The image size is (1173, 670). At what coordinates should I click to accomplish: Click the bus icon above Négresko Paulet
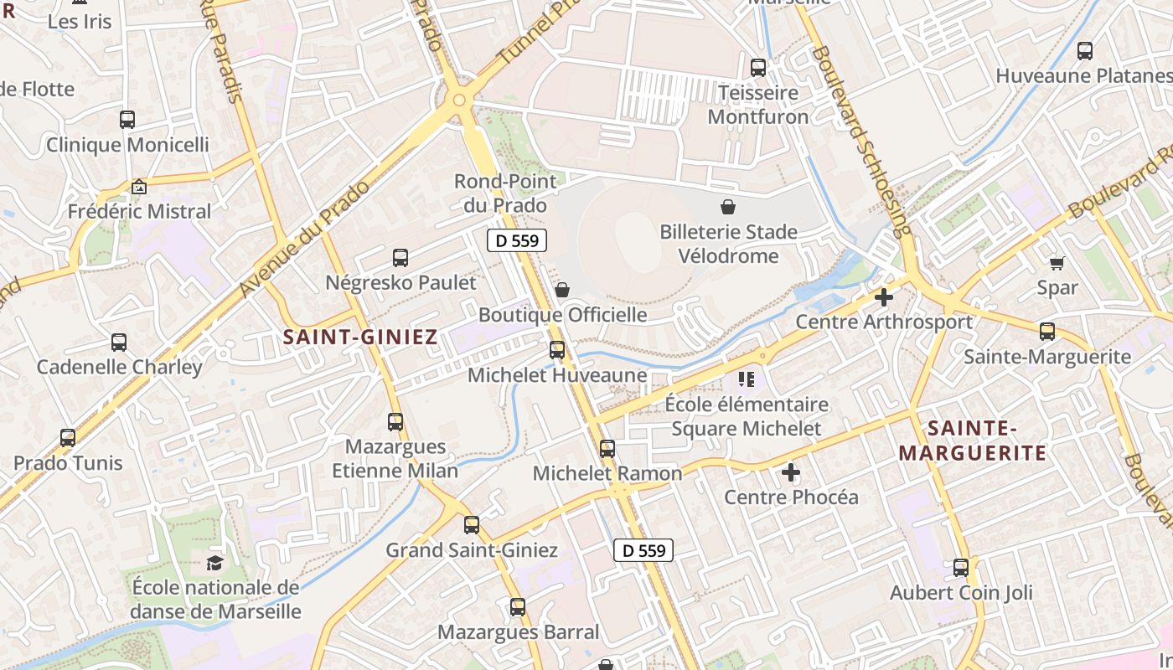400,258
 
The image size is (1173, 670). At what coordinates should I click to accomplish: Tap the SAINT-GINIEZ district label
360,338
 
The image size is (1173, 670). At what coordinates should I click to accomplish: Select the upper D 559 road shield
517,241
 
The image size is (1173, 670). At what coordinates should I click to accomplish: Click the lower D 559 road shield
643,550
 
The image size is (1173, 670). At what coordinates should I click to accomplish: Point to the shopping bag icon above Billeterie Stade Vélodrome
728,206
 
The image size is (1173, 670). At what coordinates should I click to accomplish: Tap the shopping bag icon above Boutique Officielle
562,290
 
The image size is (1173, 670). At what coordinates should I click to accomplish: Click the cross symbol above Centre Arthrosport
883,297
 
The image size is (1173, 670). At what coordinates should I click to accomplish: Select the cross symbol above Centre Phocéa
791,472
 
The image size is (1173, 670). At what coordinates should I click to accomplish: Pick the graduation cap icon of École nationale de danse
215,563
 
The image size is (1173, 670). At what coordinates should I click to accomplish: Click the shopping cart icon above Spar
1057,263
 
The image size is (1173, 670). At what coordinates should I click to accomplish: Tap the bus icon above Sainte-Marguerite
1047,332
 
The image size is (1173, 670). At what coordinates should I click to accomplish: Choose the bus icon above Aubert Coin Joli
961,568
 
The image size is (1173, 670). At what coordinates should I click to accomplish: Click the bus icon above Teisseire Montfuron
758,68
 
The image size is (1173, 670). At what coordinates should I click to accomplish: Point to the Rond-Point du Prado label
500,193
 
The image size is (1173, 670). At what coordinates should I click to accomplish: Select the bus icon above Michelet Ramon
607,449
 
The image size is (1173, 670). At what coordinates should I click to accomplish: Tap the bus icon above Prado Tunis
68,438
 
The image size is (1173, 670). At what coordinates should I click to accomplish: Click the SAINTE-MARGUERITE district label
972,441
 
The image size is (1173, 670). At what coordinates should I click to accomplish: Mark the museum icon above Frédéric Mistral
139,186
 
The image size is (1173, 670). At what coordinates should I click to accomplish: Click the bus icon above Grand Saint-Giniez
472,525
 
